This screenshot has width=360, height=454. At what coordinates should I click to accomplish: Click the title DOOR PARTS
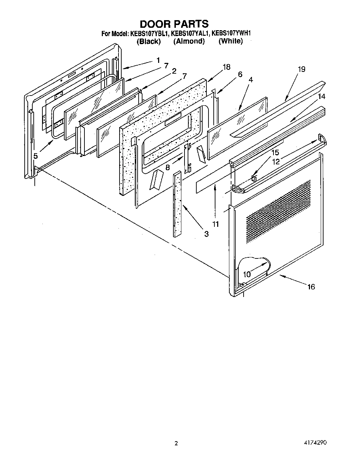(174, 24)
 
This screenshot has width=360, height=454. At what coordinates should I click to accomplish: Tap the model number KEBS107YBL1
(149, 34)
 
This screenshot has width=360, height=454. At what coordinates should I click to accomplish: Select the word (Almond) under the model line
(189, 41)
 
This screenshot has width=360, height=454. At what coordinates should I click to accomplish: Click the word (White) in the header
(230, 41)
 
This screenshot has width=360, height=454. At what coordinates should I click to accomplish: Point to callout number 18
(226, 67)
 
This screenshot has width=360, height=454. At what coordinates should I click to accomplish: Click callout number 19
(301, 69)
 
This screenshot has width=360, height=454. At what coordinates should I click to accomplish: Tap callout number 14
(322, 97)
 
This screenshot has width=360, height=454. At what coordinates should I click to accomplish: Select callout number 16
(311, 287)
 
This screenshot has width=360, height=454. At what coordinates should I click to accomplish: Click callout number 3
(206, 234)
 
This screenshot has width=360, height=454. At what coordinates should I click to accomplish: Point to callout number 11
(215, 224)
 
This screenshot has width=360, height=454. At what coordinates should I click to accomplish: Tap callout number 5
(35, 156)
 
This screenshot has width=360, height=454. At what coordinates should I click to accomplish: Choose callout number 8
(167, 167)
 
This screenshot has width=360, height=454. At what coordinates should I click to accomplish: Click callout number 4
(251, 80)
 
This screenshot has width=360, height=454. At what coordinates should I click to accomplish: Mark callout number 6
(240, 74)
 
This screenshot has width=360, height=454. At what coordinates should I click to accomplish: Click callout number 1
(158, 60)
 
